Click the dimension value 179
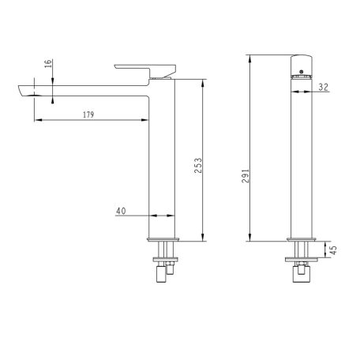tap(88, 114)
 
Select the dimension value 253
tap(198, 165)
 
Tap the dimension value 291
tap(246, 176)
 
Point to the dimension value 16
tap(48, 64)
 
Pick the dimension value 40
tap(121, 211)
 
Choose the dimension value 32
tap(324, 87)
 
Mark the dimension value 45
tap(333, 250)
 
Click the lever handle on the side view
tap(145, 70)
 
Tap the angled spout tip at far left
tap(22, 91)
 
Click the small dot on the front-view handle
tap(302, 71)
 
